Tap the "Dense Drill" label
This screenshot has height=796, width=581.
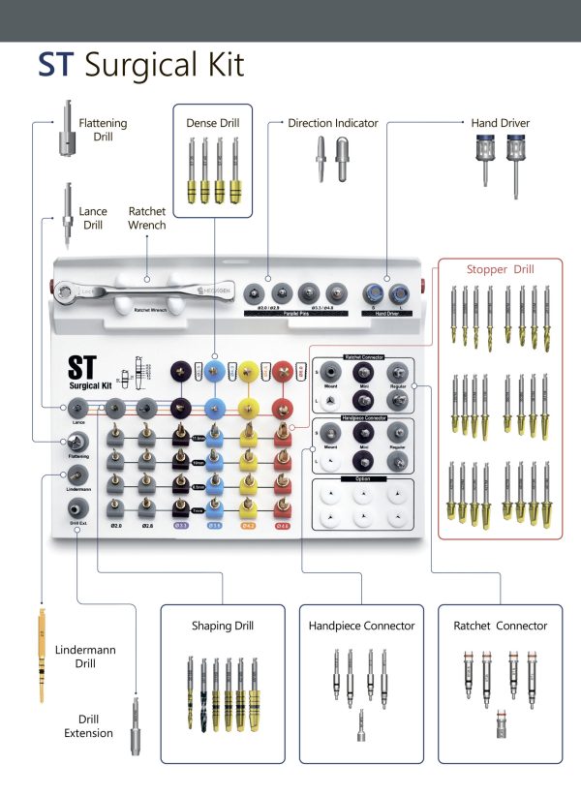(x=212, y=123)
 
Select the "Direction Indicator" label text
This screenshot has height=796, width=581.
(x=333, y=123)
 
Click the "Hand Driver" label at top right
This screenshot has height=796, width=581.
(x=500, y=123)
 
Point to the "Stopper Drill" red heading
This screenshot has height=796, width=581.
(x=499, y=269)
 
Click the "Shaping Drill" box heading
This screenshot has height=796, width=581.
(x=223, y=626)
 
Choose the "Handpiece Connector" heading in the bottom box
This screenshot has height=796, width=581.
(x=362, y=626)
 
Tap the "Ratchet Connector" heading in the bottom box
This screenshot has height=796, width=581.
(x=500, y=626)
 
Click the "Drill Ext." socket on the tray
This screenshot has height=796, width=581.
(x=79, y=506)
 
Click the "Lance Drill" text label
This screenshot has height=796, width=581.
(x=93, y=217)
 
